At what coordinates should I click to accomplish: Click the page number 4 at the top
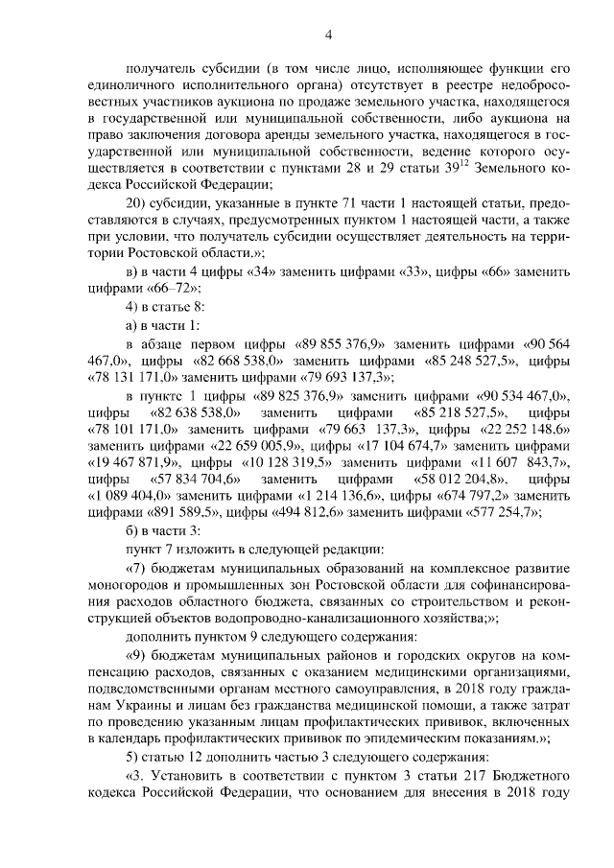328,37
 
